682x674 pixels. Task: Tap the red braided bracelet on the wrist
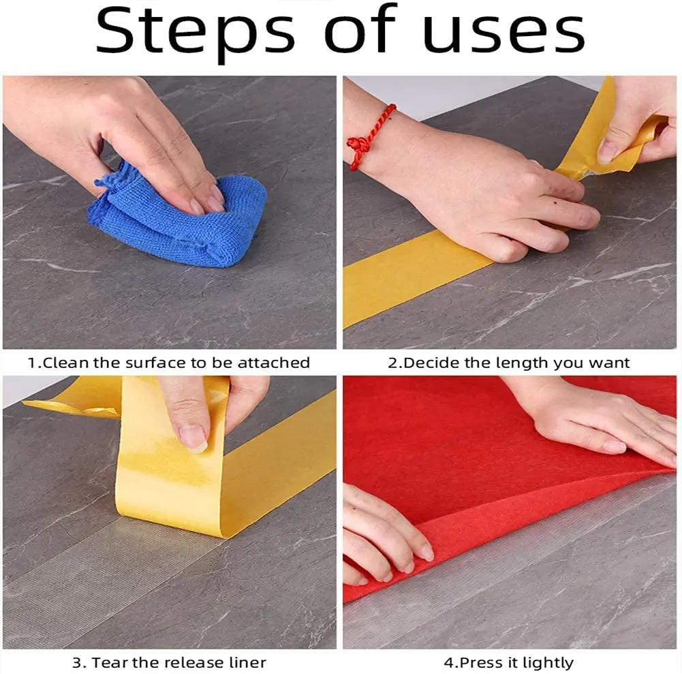tap(369, 138)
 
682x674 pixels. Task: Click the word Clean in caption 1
tap(65, 363)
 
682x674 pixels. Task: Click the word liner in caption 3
tap(246, 662)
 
